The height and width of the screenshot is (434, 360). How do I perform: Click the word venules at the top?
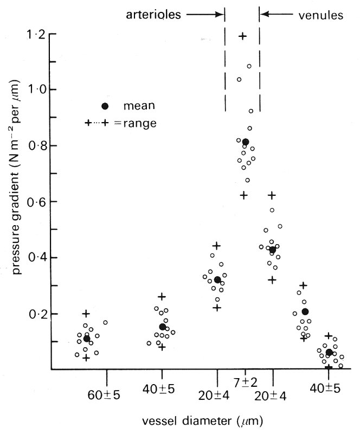[x=321, y=15]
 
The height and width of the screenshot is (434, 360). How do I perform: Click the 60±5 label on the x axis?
[x=104, y=393]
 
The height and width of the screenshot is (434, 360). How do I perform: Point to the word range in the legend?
[x=140, y=123]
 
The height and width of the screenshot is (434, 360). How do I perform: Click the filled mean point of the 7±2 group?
[x=246, y=142]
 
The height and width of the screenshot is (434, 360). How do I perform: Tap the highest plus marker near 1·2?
[x=243, y=36]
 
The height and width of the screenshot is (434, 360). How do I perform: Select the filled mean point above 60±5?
[x=87, y=339]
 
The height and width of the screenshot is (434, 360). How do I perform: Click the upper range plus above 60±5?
[x=86, y=314]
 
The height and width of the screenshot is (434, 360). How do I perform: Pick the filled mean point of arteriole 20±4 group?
[x=217, y=280]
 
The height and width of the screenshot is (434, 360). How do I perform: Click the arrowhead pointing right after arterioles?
[x=220, y=15]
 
